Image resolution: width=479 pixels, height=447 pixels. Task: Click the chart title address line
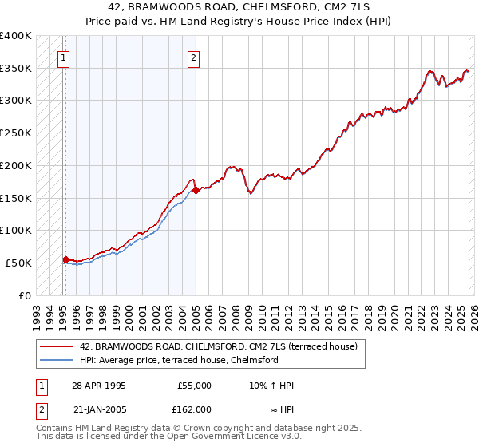(x=239, y=7)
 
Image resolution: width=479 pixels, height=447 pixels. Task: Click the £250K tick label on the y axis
(x=15, y=133)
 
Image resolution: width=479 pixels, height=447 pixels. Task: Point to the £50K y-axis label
(x=18, y=263)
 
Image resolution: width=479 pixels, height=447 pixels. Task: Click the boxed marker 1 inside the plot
(x=63, y=57)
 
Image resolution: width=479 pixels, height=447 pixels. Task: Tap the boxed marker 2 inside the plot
(x=194, y=57)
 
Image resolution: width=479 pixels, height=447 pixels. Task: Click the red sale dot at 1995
(x=65, y=259)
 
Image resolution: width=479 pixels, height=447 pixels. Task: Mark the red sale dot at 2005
(x=196, y=190)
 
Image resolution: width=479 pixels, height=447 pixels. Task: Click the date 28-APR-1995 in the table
(x=98, y=386)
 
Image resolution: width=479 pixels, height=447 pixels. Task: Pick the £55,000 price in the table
(x=194, y=386)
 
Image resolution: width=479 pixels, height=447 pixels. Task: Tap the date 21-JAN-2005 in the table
(x=98, y=409)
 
